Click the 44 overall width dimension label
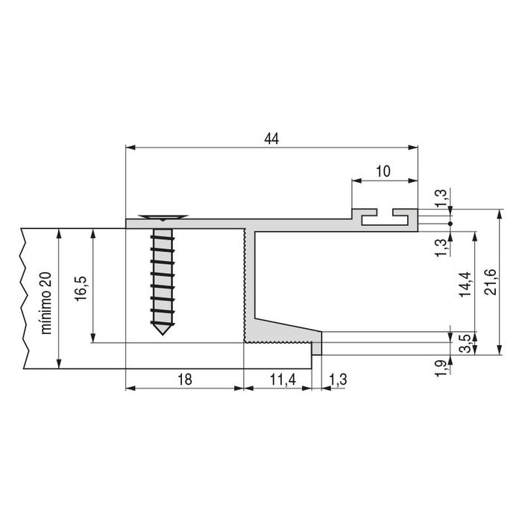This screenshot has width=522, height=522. tap(271, 138)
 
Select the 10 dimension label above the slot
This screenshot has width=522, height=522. tap(383, 171)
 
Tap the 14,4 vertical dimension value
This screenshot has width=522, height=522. tap(465, 283)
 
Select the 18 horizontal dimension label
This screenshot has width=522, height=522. tap(184, 379)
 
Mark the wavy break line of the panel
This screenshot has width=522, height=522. tap(25, 298)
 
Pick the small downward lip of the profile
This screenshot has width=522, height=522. tap(317, 348)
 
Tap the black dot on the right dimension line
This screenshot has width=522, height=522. tap(451, 224)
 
